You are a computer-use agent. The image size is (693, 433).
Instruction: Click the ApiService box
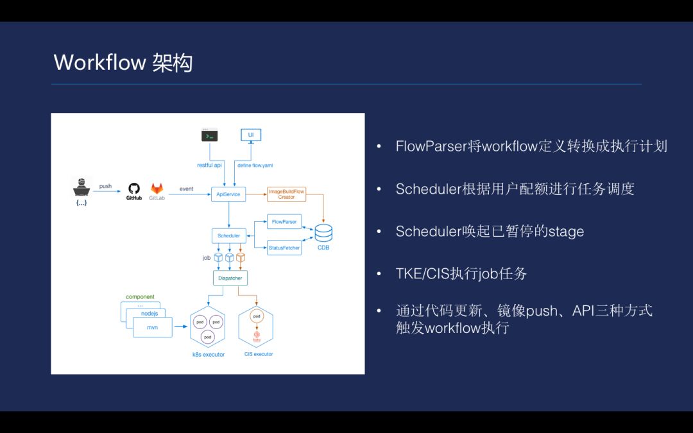[x=228, y=193]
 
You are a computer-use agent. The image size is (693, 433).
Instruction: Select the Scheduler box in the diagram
[x=228, y=235]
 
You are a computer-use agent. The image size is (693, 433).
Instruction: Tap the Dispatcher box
[x=230, y=278]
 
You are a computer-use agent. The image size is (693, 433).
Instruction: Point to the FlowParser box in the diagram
[x=284, y=222]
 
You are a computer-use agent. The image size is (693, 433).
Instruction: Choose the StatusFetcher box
[x=284, y=248]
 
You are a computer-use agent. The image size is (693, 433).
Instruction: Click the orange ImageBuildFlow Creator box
[x=286, y=193]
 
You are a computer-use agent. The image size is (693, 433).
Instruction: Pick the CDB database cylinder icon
[x=323, y=232]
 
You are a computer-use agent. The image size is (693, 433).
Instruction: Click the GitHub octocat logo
[x=134, y=189]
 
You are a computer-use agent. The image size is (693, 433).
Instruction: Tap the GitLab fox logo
[x=157, y=189]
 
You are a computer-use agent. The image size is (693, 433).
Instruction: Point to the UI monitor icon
[x=250, y=135]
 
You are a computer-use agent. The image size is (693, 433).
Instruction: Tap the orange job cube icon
[x=241, y=258]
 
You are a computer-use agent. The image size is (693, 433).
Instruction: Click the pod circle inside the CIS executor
[x=256, y=316]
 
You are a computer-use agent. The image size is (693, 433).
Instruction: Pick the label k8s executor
[x=209, y=355]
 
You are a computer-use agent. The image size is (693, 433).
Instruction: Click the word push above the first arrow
[x=105, y=186]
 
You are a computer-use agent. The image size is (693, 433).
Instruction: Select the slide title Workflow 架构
[x=123, y=63]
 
